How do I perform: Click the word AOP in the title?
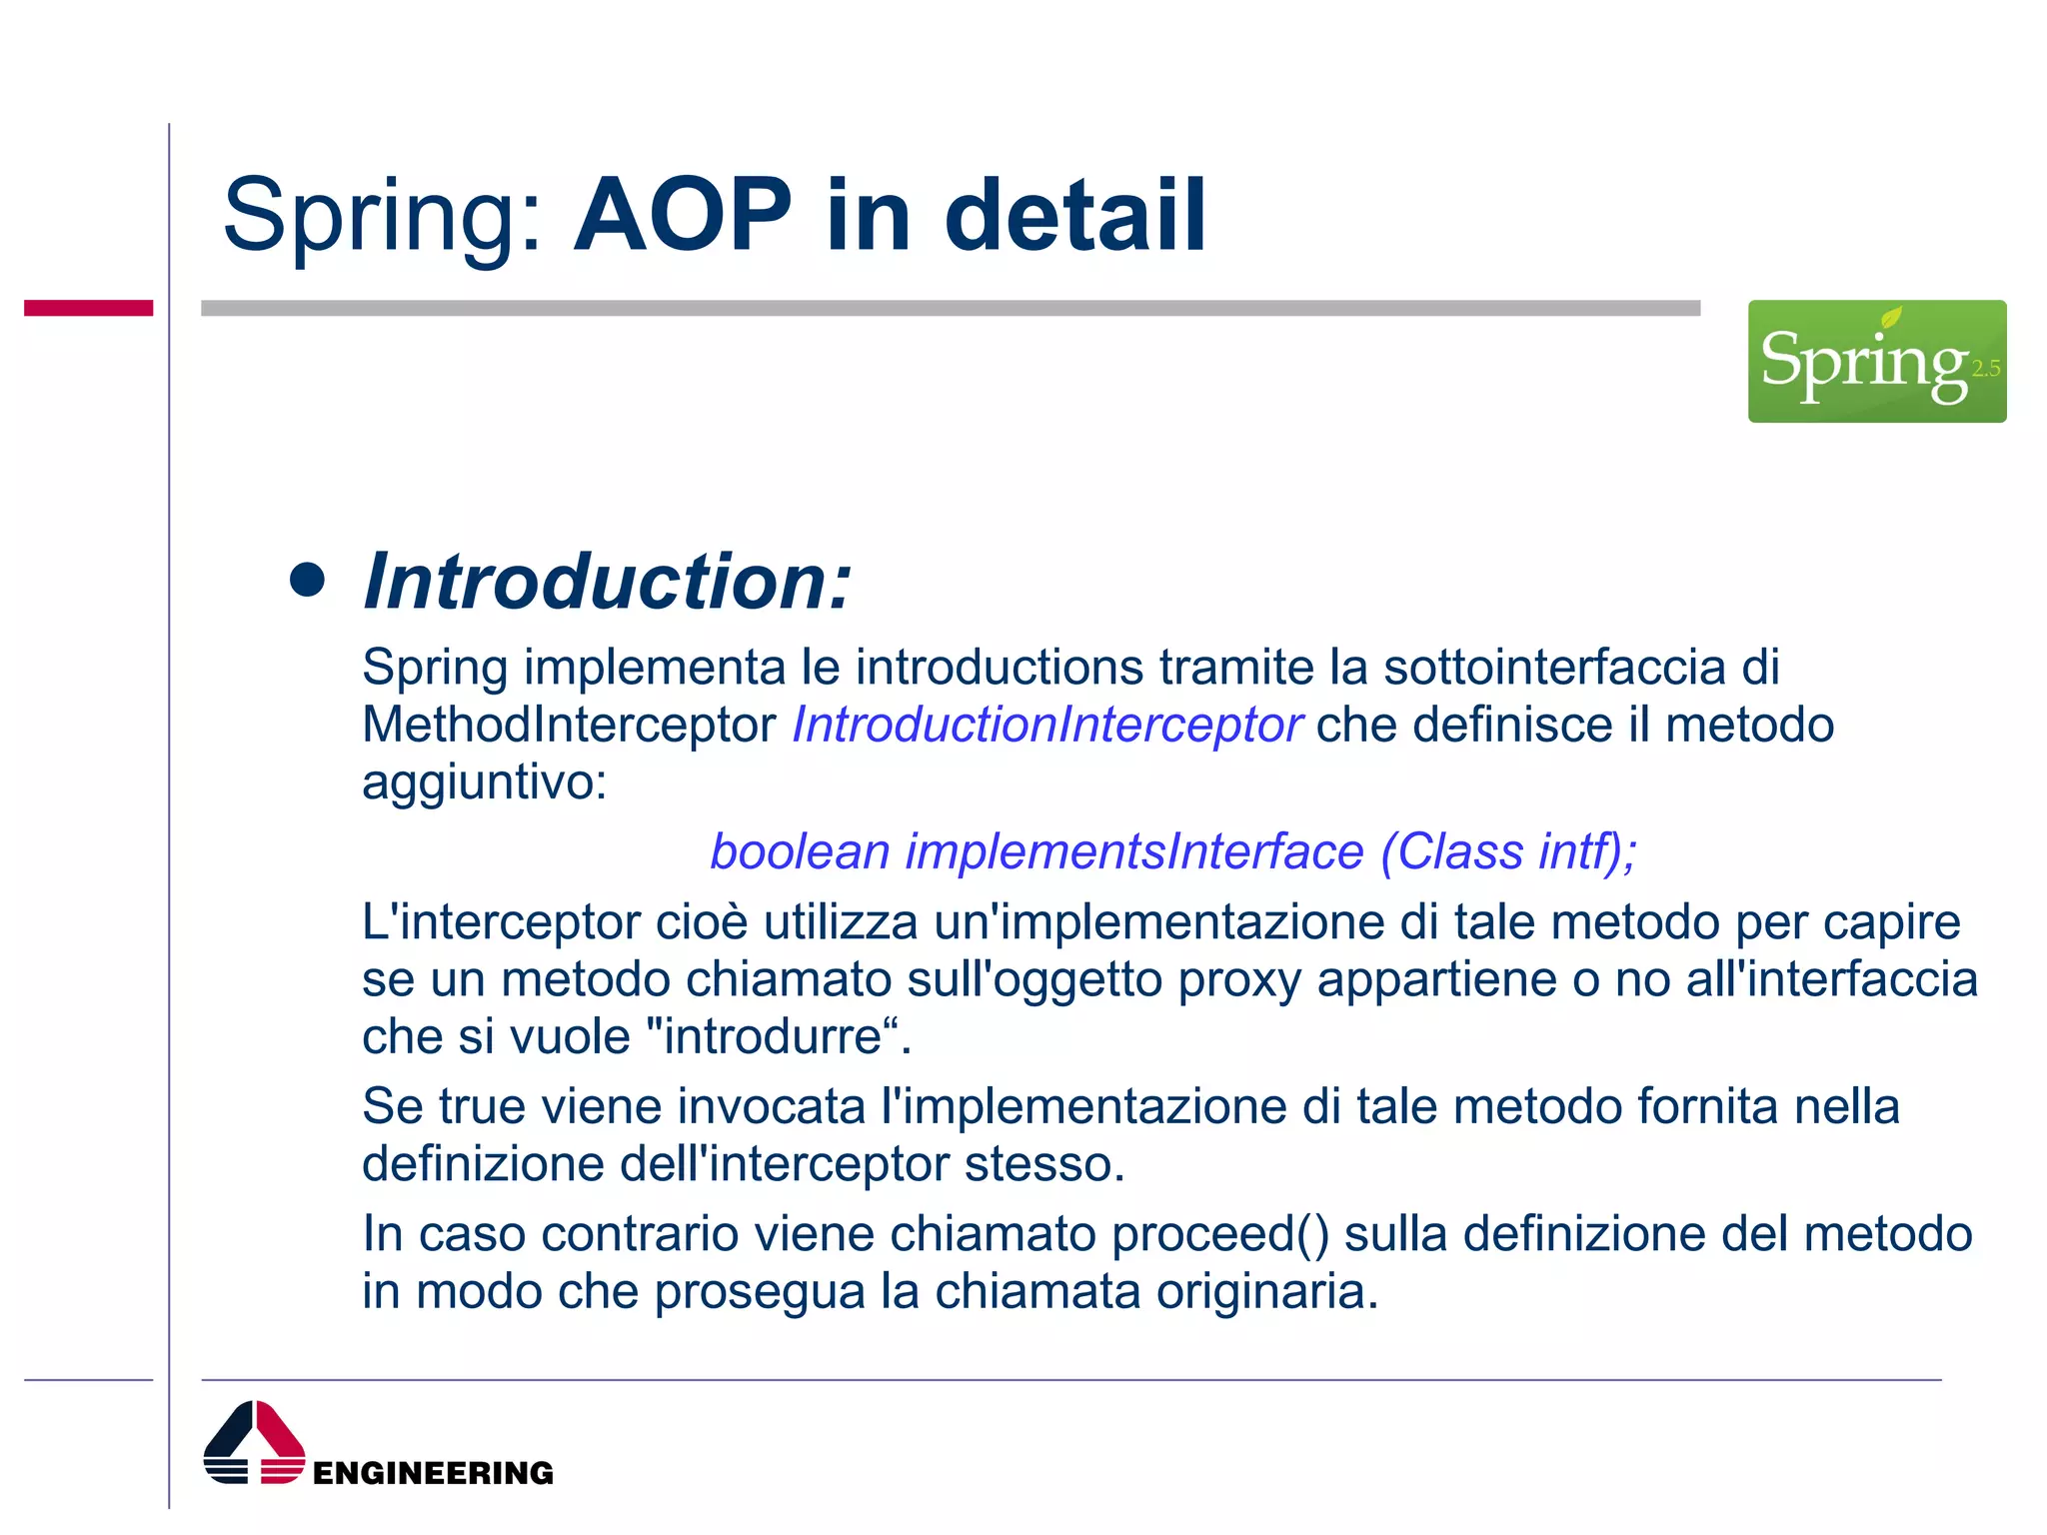click(x=683, y=216)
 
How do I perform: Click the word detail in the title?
click(x=1075, y=216)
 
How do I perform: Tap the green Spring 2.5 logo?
click(x=1876, y=361)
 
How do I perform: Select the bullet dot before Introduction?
click(x=307, y=580)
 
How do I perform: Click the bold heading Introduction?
click(x=607, y=582)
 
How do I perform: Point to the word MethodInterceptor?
click(x=569, y=725)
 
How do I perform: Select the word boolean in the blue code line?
click(x=800, y=852)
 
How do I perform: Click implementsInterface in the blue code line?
click(x=1134, y=852)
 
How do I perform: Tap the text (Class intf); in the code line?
click(x=1508, y=852)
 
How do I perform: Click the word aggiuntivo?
click(x=484, y=782)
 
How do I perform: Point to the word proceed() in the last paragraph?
click(x=1220, y=1234)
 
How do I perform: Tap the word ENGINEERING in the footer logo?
click(x=433, y=1473)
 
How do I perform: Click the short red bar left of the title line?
click(x=88, y=308)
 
